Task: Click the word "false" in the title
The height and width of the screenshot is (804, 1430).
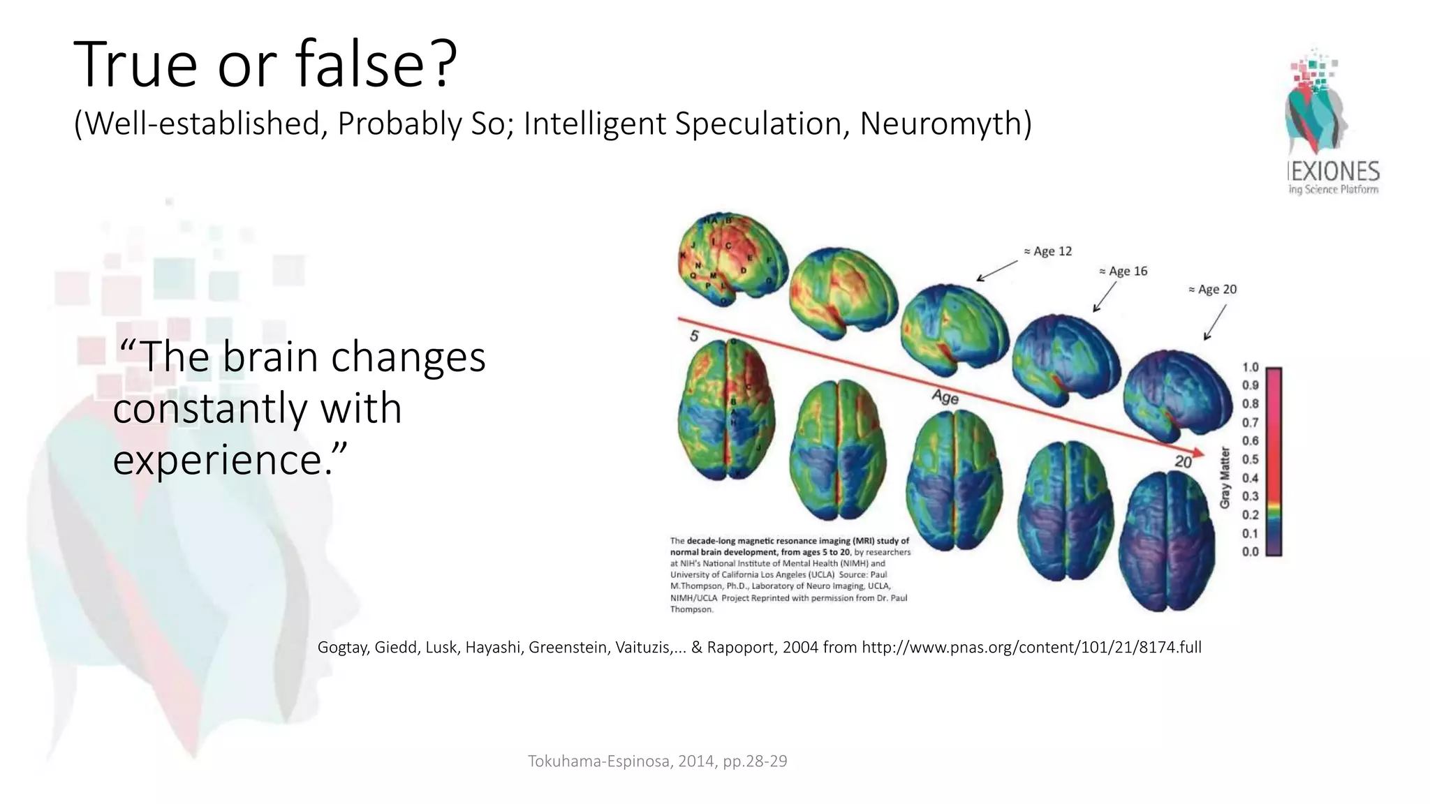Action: tap(359, 64)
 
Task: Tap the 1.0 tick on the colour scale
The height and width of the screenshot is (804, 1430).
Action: tap(1250, 367)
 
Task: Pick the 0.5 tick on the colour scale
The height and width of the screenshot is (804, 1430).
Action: tap(1250, 459)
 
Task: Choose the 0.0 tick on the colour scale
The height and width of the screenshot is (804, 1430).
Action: tap(1250, 551)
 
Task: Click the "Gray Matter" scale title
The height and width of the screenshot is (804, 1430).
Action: tap(1225, 477)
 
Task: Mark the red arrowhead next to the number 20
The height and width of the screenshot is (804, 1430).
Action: tap(1199, 454)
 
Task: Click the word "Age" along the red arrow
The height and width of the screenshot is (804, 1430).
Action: tap(945, 396)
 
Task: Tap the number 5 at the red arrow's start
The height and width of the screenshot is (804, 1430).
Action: tap(694, 336)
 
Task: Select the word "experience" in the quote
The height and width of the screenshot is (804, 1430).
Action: tap(219, 460)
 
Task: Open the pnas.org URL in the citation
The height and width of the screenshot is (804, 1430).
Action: tap(1031, 647)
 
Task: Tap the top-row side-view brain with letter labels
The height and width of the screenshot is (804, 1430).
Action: tap(732, 258)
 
